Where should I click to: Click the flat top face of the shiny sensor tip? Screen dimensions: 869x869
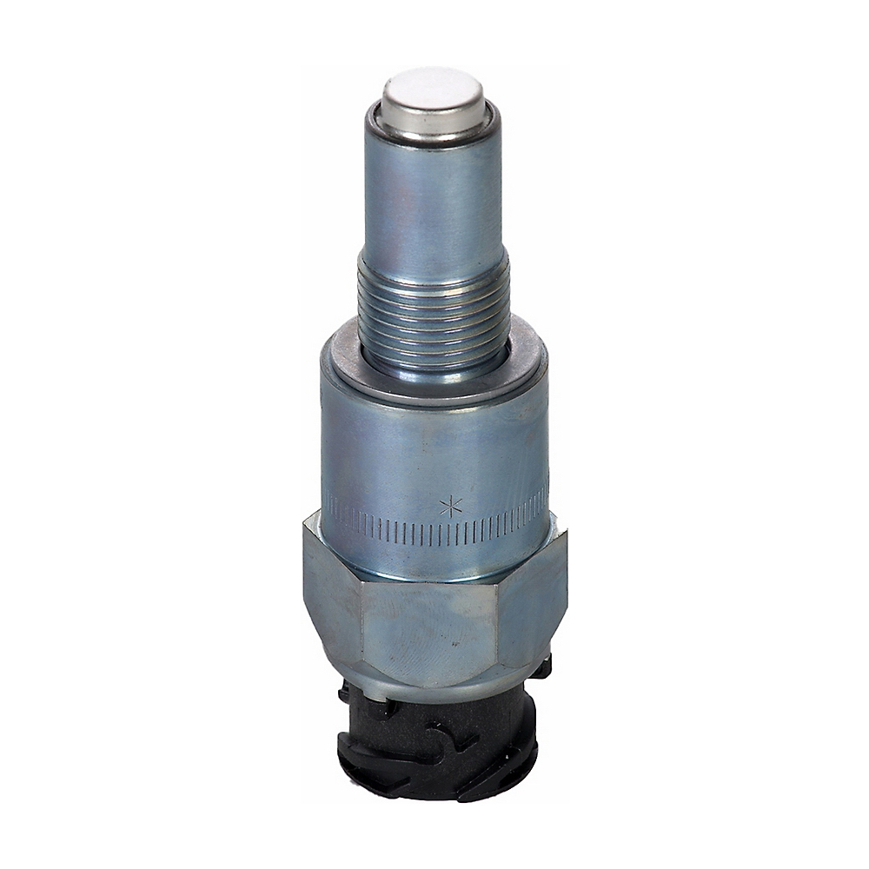pos(432,91)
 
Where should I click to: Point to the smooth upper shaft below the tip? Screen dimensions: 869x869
pos(432,200)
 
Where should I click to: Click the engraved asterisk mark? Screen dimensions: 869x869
pos(450,506)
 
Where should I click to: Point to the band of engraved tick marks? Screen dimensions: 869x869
pos(391,527)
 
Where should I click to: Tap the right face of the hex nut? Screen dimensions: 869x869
pos(534,600)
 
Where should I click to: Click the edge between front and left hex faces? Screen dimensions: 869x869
pos(362,626)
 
